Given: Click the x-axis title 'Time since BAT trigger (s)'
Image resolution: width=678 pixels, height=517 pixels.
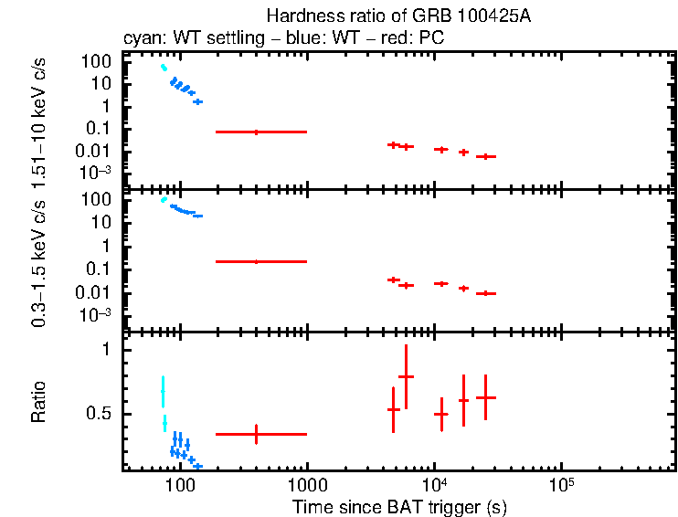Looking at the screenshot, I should [x=398, y=505].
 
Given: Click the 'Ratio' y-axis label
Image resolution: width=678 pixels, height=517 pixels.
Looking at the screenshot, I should [x=39, y=402].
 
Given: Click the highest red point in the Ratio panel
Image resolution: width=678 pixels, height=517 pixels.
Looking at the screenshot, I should [x=406, y=376].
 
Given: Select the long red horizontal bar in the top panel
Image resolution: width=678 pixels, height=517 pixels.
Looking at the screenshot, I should [x=260, y=132].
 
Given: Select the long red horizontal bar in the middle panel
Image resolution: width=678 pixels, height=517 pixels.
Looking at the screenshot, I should [x=260, y=261].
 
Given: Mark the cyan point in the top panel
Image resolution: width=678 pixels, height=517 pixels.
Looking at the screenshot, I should [x=164, y=68].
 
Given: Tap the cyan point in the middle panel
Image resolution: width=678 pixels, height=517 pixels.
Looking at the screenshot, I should [x=164, y=199].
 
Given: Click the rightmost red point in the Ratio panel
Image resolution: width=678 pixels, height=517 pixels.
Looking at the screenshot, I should [x=485, y=397].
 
